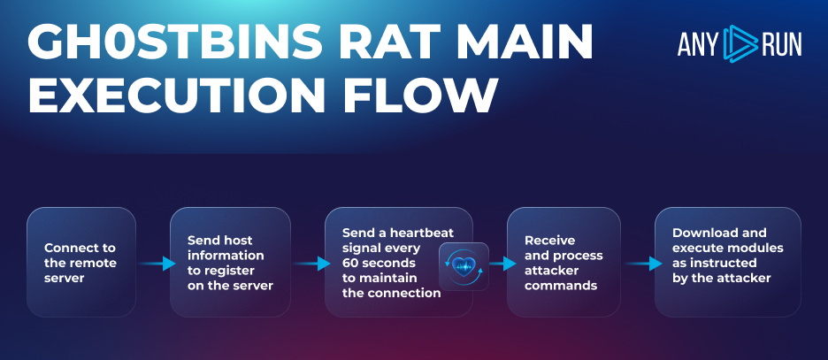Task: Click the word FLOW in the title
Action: tap(424, 96)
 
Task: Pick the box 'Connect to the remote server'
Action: tap(81, 262)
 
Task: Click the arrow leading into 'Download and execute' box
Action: tap(644, 263)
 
